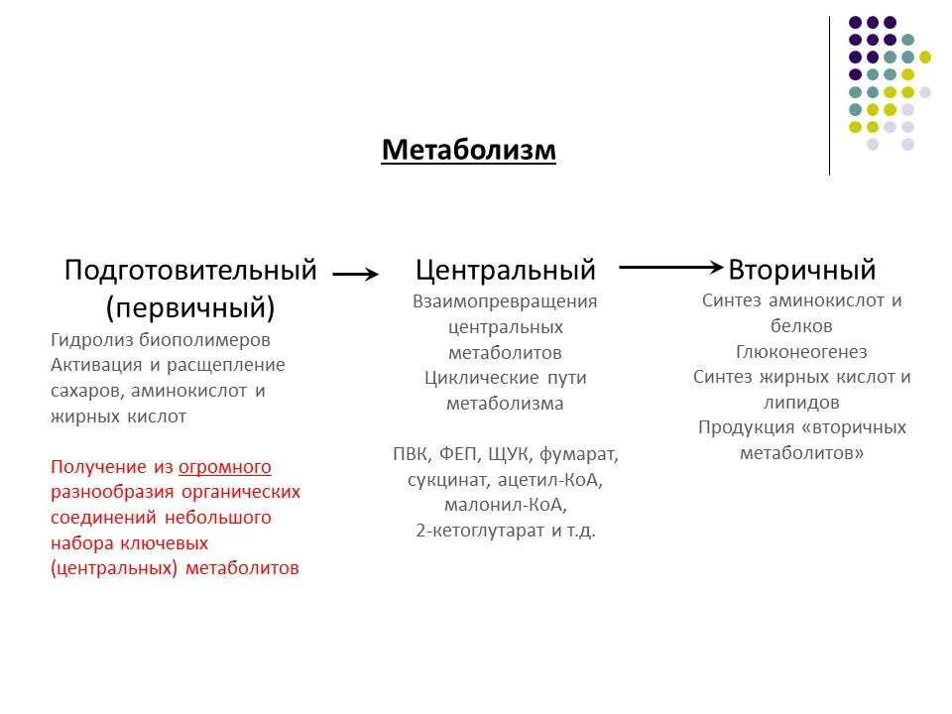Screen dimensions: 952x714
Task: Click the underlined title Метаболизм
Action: [469, 151]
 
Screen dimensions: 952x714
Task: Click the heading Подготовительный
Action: [190, 270]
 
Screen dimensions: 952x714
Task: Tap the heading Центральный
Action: [505, 270]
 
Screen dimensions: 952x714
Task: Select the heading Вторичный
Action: [801, 270]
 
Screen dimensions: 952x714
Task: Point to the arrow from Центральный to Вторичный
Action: [670, 267]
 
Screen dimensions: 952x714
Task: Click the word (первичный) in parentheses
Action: [190, 306]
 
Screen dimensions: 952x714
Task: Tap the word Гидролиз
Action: [90, 339]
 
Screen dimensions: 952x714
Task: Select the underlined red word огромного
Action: [225, 466]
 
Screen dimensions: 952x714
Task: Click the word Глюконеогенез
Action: [801, 352]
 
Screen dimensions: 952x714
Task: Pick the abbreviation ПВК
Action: [414, 454]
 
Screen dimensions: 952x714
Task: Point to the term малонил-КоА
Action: [505, 505]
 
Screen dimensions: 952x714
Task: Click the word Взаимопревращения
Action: [505, 300]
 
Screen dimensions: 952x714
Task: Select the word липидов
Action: [801, 403]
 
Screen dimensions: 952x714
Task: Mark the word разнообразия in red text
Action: [113, 492]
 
